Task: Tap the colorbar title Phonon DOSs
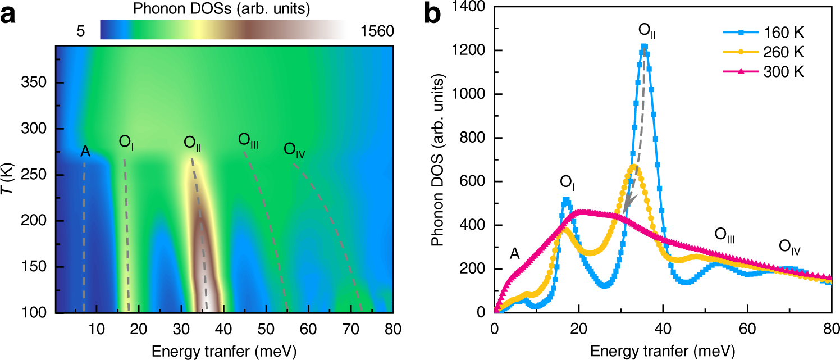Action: (x=222, y=9)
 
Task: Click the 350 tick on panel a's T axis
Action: (x=37, y=83)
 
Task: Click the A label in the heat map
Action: (x=85, y=152)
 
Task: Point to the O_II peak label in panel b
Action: (x=647, y=30)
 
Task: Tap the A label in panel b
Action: (x=514, y=254)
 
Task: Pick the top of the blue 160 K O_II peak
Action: (x=644, y=47)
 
